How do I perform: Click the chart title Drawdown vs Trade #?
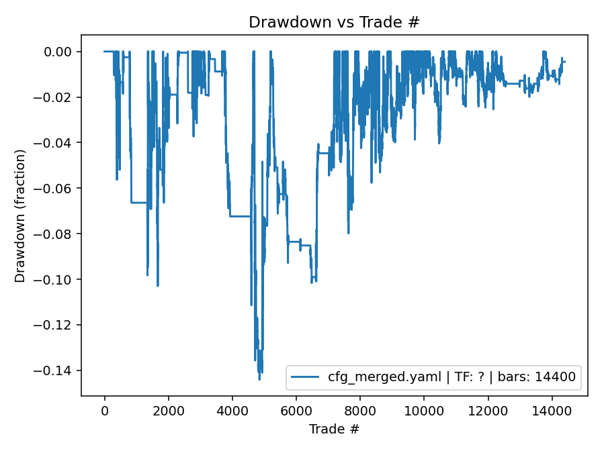pyautogui.click(x=334, y=22)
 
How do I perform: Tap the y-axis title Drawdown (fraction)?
pyautogui.click(x=20, y=215)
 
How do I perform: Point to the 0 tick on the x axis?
pyautogui.click(x=104, y=411)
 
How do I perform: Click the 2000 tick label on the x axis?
pyautogui.click(x=168, y=411)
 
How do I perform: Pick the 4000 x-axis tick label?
pyautogui.click(x=232, y=411)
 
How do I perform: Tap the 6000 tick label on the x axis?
pyautogui.click(x=296, y=411)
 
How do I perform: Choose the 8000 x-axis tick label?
pyautogui.click(x=360, y=411)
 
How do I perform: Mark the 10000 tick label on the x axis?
pyautogui.click(x=424, y=411)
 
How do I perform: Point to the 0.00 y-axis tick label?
pyautogui.click(x=62, y=52)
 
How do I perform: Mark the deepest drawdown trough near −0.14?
pyautogui.click(x=259, y=379)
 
